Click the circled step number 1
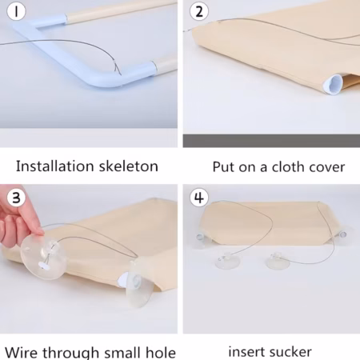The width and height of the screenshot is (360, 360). point(16,11)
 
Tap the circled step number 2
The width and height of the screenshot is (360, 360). point(199,11)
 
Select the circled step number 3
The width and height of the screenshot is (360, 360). point(16,198)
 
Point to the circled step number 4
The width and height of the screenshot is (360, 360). point(199,198)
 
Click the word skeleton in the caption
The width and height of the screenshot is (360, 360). point(129,166)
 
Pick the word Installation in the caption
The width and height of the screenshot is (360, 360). point(55,166)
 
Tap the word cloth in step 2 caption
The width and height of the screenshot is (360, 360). point(286,167)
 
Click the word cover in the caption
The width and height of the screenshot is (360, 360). point(326,167)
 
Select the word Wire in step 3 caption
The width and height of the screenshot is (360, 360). point(21,352)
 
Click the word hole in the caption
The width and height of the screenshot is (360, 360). point(161,352)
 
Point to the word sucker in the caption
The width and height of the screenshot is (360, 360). point(289,352)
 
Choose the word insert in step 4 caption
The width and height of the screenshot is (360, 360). point(245,352)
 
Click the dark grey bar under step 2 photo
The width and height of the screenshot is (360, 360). point(271,141)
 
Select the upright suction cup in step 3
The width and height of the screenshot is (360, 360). point(139,283)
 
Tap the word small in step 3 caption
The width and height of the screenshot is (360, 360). point(122,352)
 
